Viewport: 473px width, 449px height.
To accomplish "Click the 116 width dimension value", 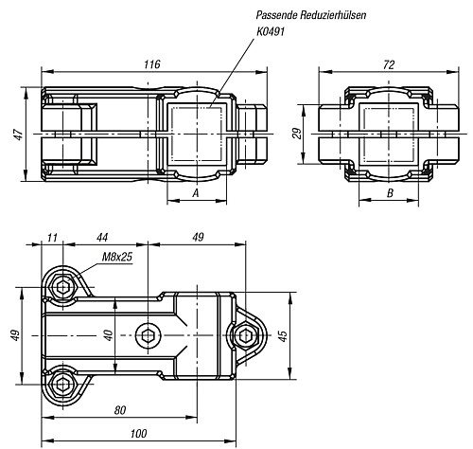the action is [x=152, y=64].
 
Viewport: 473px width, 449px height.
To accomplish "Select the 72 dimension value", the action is [x=389, y=64].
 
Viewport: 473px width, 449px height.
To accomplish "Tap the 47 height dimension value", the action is [x=19, y=135].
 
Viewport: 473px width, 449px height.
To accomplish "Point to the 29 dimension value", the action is [x=296, y=134].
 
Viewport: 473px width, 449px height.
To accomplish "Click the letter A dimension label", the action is [x=196, y=192].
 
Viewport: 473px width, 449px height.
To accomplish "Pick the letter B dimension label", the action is [x=390, y=192].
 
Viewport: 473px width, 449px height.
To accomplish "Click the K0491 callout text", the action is [x=271, y=31].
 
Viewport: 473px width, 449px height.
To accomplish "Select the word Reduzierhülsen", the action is [x=333, y=15].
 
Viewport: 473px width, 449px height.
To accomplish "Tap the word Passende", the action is [x=276, y=15].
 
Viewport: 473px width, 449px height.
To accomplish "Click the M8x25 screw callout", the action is [x=117, y=257].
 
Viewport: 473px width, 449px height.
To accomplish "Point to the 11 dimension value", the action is [x=53, y=238].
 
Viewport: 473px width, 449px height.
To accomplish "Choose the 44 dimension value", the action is [x=102, y=238].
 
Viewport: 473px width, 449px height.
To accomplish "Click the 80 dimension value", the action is [x=120, y=410].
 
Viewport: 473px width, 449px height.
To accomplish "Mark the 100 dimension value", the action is [x=138, y=434].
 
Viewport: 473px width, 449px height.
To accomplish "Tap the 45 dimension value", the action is [x=283, y=336].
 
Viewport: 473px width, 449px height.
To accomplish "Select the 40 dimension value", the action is [x=108, y=335].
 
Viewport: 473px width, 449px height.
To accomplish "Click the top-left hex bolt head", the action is [x=63, y=287].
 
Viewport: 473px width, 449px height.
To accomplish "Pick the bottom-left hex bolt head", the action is [x=63, y=385].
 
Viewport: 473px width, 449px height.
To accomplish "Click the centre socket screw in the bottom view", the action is [x=148, y=335].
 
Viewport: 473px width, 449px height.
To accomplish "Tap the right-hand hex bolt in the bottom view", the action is [x=245, y=335].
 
